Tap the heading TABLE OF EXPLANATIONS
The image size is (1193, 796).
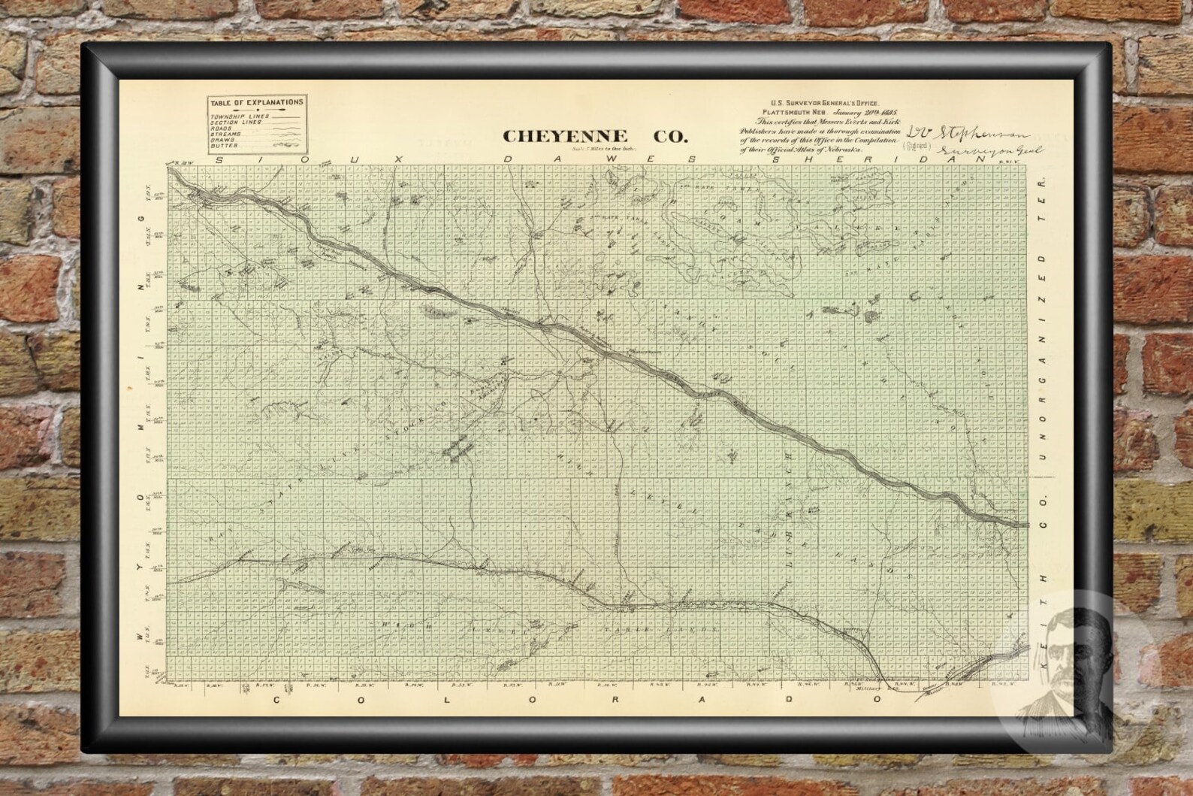[257, 101]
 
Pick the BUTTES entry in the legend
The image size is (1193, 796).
[223, 144]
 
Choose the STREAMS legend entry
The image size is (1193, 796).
[225, 133]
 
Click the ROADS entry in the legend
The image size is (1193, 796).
[222, 128]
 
